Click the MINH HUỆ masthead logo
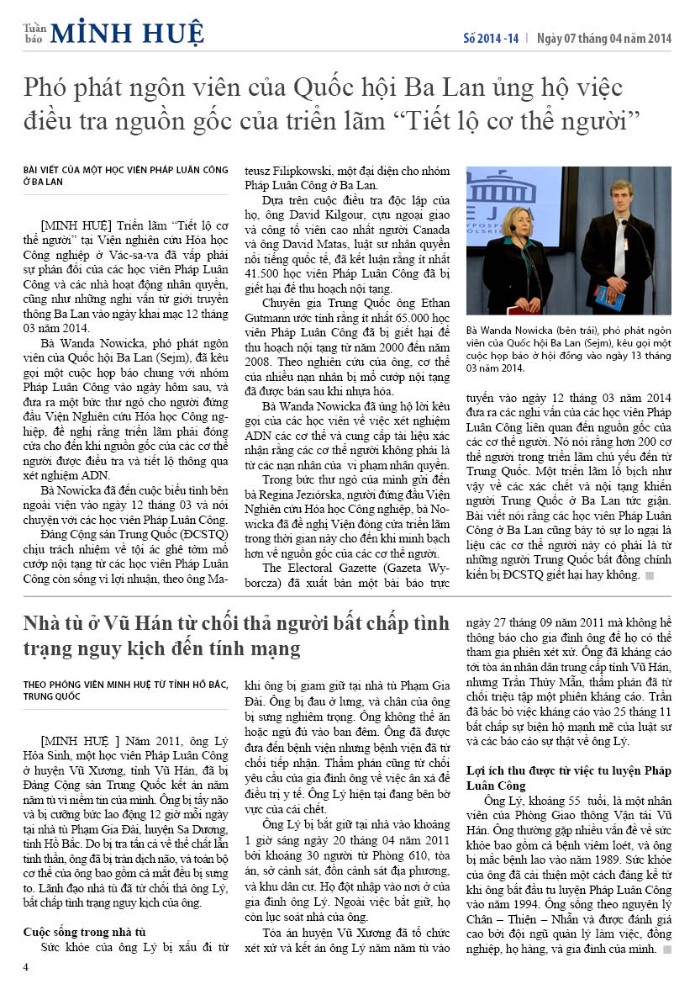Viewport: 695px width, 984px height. click(127, 33)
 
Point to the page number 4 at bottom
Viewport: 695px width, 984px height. click(26, 966)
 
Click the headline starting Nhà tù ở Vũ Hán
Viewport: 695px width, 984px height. click(235, 636)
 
